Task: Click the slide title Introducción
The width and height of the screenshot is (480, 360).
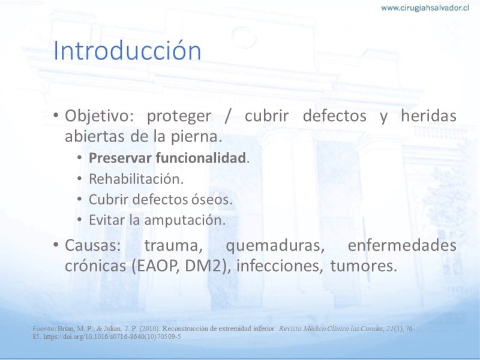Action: (127, 50)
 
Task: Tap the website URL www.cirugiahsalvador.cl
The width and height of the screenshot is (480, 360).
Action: (425, 8)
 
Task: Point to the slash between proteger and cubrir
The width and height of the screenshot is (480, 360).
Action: (227, 116)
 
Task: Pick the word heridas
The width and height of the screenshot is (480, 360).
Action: (428, 116)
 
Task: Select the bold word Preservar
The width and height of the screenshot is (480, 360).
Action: (120, 158)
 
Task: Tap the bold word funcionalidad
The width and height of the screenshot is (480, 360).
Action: (200, 158)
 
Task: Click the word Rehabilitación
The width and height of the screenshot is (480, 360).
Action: (136, 179)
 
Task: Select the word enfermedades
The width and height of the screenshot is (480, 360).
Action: (402, 245)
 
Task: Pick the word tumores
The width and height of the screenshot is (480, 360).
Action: (364, 266)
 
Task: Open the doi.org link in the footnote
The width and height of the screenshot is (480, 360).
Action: (112, 337)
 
